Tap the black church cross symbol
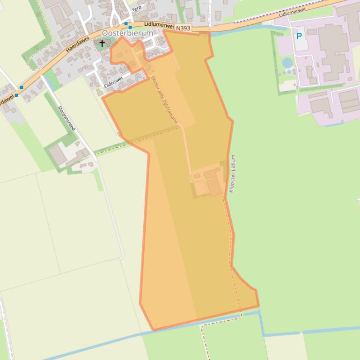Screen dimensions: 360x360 point(102,43)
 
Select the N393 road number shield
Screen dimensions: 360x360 point(184,29)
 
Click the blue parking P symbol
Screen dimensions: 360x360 point(299,36)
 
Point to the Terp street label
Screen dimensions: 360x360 point(136,8)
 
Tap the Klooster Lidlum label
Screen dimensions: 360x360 point(233,173)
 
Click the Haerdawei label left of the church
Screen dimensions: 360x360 point(77,44)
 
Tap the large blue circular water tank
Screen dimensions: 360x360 point(287,63)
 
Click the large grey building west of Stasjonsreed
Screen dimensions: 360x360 point(59,155)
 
